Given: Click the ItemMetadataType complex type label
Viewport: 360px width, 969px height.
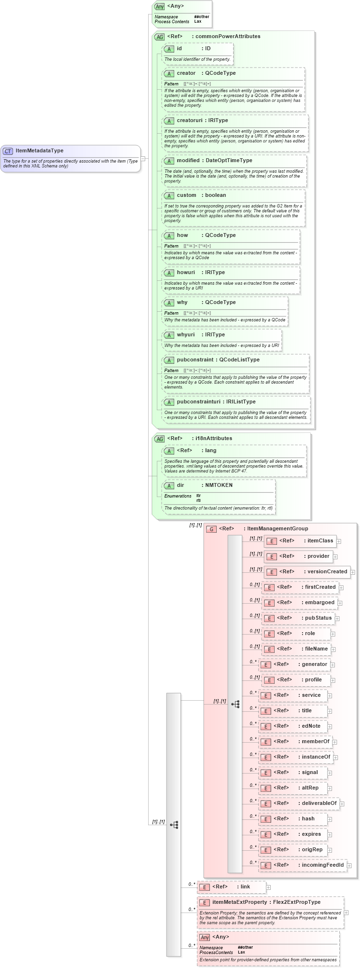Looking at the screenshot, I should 39,151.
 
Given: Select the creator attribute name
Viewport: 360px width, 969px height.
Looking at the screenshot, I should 186,73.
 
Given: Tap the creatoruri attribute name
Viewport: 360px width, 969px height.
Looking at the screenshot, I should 189,121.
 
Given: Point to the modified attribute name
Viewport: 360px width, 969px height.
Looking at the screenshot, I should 188,161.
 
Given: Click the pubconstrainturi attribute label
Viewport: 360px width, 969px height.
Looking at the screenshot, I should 199,402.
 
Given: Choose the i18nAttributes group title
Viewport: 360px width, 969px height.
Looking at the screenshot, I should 213,439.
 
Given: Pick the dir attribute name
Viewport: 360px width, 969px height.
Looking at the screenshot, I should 180,485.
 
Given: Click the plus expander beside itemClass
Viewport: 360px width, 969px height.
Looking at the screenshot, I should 339,541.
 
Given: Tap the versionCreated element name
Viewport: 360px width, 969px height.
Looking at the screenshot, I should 327,572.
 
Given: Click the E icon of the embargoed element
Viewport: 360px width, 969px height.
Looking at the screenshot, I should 269,603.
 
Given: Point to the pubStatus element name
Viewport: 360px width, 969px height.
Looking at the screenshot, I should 318,618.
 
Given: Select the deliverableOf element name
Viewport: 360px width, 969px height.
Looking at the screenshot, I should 319,803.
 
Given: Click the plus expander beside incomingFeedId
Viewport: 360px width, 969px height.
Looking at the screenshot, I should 349,866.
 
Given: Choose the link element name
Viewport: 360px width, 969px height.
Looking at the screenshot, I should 245,887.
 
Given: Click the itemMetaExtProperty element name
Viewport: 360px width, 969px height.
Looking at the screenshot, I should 239,902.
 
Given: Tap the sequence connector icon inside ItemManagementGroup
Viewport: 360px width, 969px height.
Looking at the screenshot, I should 235,705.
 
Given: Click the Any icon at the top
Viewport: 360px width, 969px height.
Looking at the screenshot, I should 159,7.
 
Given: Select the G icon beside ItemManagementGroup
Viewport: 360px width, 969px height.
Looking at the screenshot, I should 211,529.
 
